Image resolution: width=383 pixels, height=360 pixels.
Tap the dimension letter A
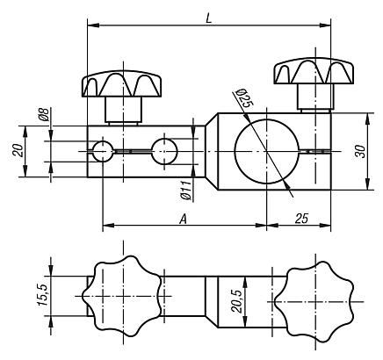click(x=183, y=217)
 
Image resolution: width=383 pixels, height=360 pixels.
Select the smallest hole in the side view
click(x=104, y=150)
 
